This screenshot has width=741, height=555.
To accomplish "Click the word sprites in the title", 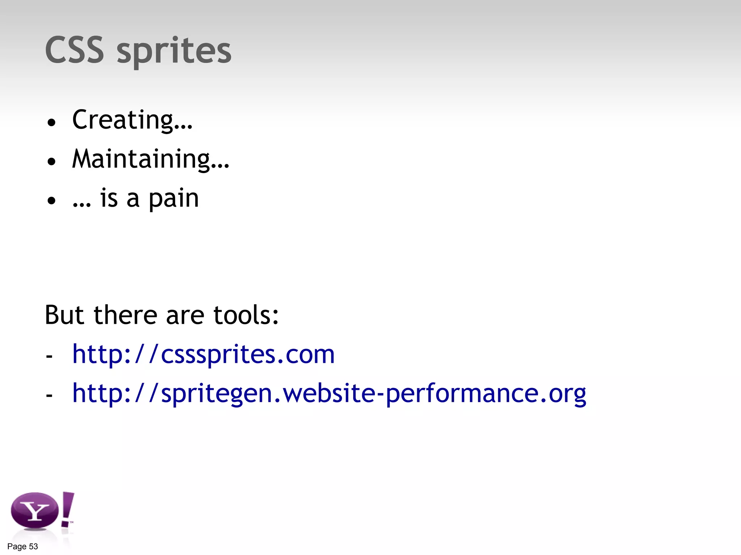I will tap(174, 51).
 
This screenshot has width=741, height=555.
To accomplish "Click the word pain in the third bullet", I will tap(174, 199).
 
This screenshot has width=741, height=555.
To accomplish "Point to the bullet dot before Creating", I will tap(52, 122).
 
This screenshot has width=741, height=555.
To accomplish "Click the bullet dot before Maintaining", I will tap(52, 162).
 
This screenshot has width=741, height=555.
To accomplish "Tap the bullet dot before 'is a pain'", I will tap(52, 201).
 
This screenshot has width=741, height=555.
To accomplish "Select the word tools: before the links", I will tap(246, 315).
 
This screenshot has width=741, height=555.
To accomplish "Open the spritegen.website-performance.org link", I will tap(329, 393).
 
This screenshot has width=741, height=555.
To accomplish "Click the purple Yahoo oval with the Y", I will tap(35, 511).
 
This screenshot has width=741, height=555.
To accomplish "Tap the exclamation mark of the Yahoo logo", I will tap(67, 509).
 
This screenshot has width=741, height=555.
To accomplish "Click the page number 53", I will tap(33, 547).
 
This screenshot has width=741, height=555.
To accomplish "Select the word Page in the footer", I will tap(17, 547).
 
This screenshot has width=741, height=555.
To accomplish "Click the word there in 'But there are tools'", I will tap(125, 315).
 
